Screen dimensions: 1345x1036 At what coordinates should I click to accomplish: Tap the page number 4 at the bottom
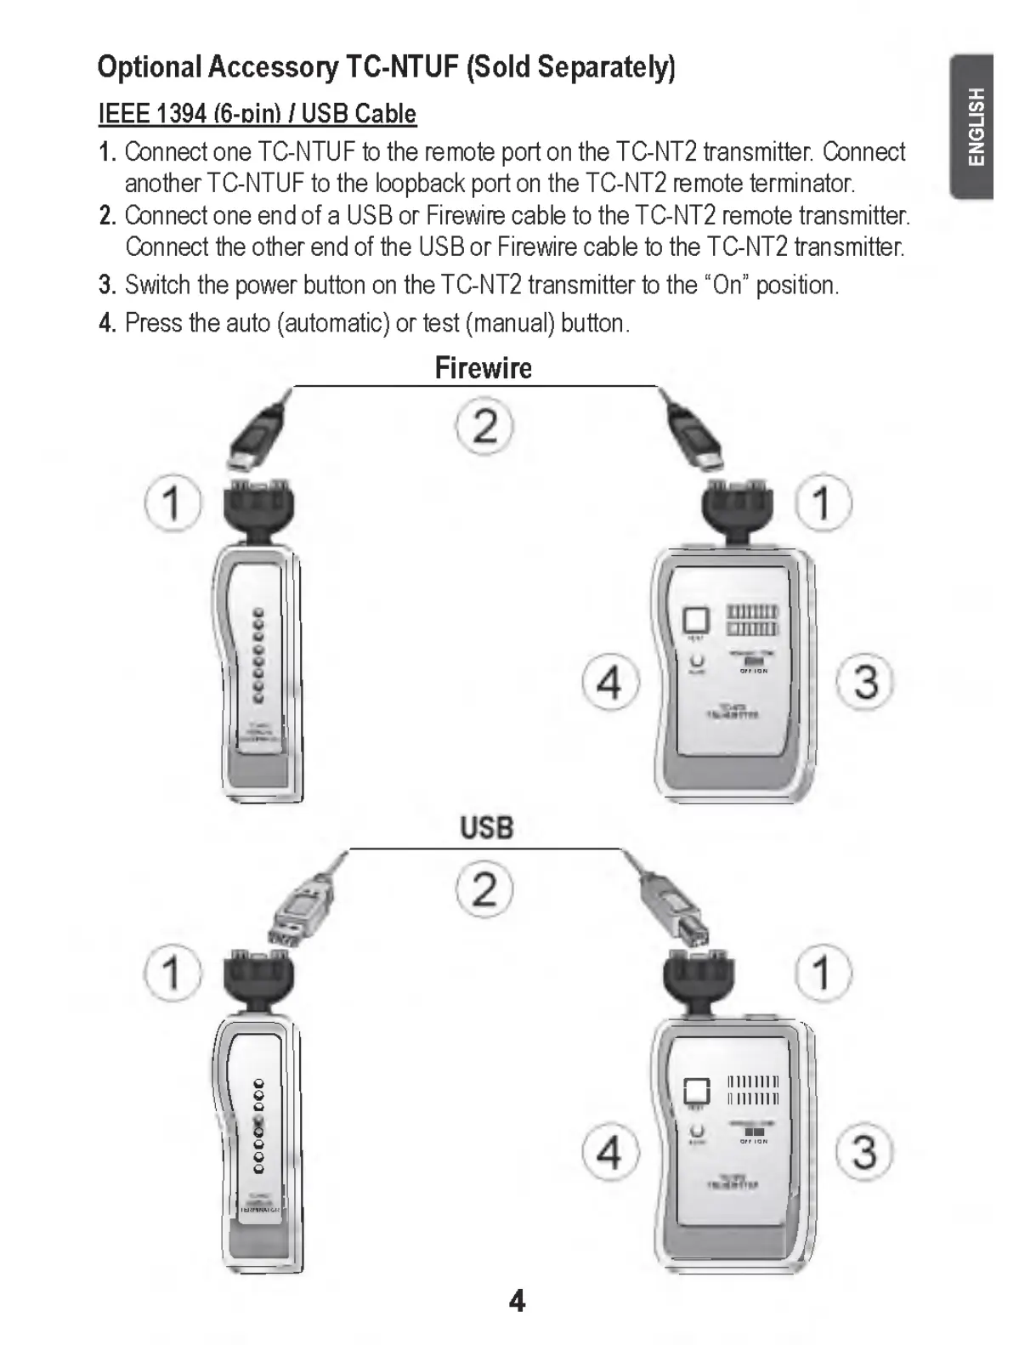[517, 1301]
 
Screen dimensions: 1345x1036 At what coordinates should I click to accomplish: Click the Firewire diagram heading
[483, 368]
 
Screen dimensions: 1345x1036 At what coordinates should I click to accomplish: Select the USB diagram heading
[487, 827]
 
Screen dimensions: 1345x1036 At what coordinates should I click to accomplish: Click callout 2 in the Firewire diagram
[484, 425]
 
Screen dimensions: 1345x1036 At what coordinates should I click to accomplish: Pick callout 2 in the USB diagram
[484, 889]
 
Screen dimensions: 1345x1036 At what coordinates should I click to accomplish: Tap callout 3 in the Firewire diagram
[864, 682]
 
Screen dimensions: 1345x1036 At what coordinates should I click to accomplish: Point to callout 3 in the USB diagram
[864, 1153]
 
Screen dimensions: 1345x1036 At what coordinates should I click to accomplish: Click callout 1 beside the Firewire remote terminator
[173, 502]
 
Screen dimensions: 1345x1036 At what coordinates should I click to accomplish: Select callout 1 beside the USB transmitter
[823, 972]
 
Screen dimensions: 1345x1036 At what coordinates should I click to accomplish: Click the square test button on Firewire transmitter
[696, 620]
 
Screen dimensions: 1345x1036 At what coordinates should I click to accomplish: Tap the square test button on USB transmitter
[696, 1091]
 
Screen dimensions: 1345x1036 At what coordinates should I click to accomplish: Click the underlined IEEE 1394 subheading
[258, 114]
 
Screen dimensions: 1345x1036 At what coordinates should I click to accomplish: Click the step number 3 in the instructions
[106, 285]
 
